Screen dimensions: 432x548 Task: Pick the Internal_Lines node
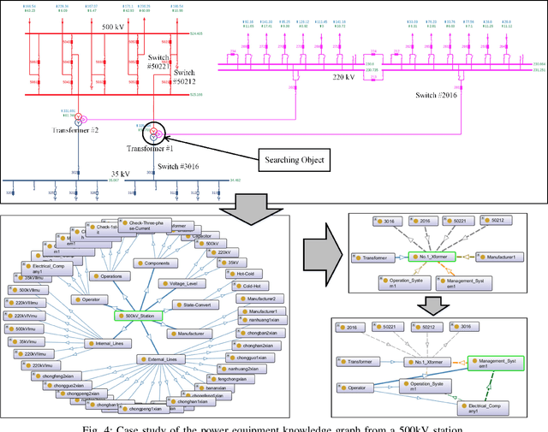click(x=104, y=344)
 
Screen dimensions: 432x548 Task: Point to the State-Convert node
click(x=202, y=305)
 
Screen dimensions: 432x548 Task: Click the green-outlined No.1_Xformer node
click(x=430, y=256)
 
